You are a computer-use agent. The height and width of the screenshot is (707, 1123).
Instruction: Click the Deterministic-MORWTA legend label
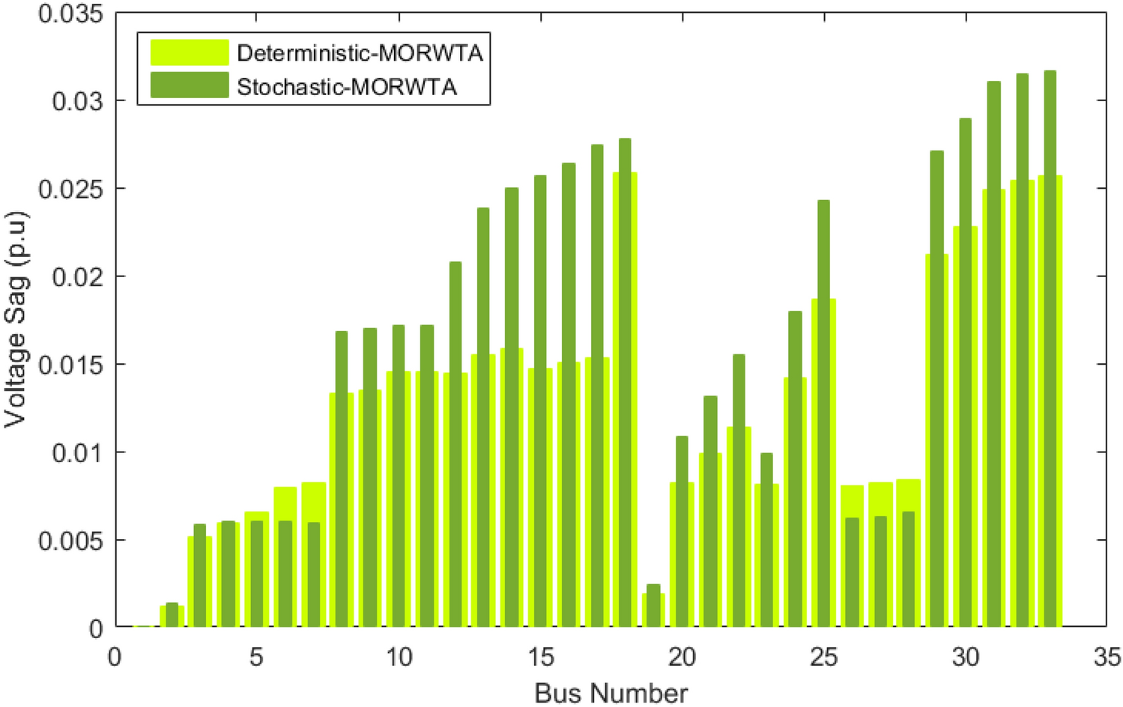click(360, 53)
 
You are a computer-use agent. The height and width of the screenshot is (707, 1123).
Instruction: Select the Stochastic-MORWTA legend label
click(346, 87)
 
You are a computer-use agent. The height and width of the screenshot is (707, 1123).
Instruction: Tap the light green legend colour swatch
click(189, 52)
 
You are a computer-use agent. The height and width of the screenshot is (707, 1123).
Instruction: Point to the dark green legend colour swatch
click(189, 85)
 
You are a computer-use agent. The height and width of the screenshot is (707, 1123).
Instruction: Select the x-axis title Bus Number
click(611, 693)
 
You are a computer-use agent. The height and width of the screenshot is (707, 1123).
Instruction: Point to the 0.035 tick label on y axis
click(70, 13)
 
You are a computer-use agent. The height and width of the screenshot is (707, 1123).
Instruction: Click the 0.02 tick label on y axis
click(77, 277)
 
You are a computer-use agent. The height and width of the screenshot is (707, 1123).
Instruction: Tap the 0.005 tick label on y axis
click(70, 541)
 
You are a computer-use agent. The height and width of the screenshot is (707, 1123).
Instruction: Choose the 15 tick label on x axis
click(540, 658)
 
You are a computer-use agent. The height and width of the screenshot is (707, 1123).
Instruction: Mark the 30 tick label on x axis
click(965, 658)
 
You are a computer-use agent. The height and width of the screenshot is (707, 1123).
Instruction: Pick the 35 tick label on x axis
click(1107, 658)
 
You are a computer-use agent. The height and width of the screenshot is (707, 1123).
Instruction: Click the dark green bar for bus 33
click(1050, 348)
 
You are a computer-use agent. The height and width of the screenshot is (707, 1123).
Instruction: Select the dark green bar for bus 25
click(823, 412)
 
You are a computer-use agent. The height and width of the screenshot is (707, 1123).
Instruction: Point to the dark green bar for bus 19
click(653, 605)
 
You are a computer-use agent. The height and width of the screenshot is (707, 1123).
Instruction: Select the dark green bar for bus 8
click(342, 479)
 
